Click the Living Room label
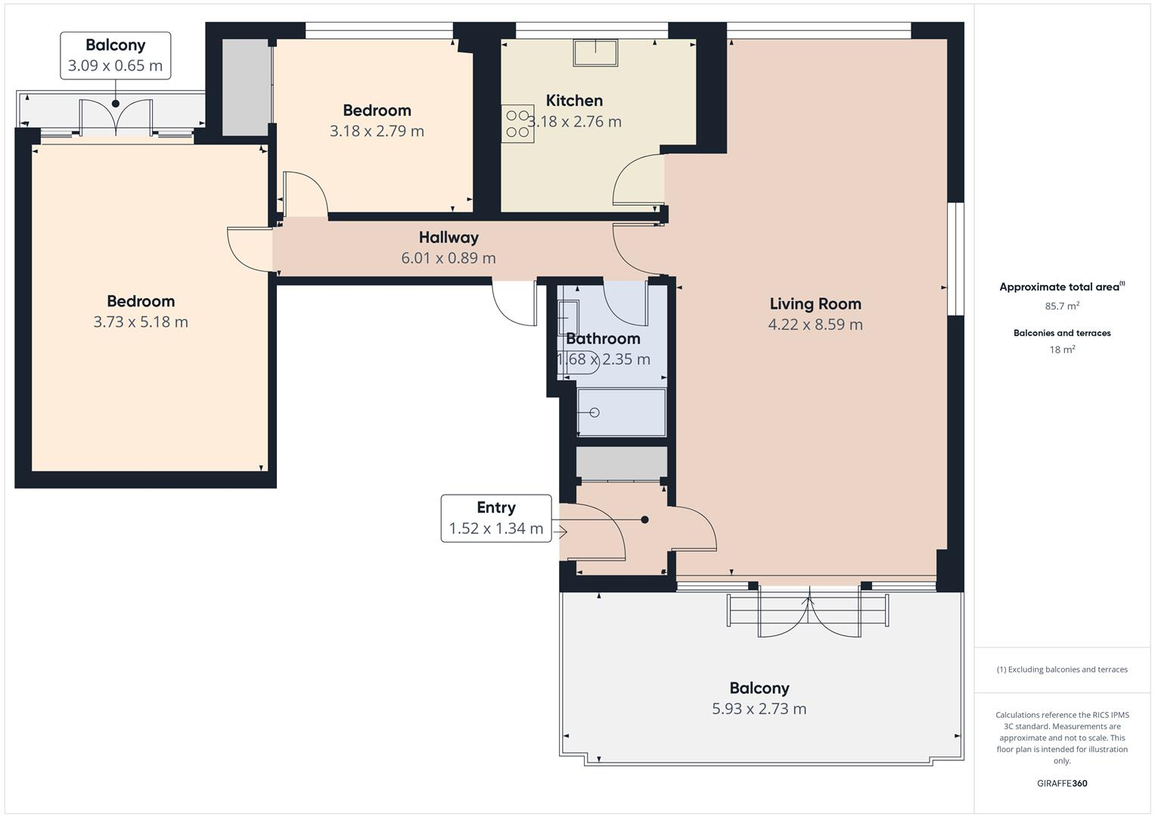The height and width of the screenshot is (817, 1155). point(815,304)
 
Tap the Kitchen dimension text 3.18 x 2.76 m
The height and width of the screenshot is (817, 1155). point(575,122)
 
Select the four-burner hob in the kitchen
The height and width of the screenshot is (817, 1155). point(517,124)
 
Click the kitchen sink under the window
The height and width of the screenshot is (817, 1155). point(596,53)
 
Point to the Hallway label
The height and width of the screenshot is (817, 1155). point(449,238)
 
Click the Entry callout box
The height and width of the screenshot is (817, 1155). point(496,518)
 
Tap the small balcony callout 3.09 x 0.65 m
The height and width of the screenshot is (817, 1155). point(115,56)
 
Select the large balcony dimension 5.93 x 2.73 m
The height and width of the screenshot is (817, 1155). point(759,709)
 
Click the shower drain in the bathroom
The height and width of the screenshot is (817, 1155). point(594,412)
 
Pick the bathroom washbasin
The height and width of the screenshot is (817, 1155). point(567,317)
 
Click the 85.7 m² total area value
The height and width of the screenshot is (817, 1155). point(1062,306)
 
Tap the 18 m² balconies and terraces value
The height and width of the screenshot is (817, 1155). point(1062,349)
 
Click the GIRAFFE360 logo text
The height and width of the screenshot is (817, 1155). point(1062,783)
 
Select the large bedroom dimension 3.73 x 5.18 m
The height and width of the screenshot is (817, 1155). point(141,322)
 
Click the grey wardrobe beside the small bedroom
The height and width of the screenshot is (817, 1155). point(246,87)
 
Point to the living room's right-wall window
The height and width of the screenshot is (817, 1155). point(956,258)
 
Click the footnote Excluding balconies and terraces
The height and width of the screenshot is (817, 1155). point(1062,669)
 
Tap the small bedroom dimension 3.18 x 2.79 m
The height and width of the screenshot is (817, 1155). point(377,131)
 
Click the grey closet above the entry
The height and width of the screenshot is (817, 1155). point(621,462)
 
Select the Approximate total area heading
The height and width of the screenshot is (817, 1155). point(1061,287)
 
